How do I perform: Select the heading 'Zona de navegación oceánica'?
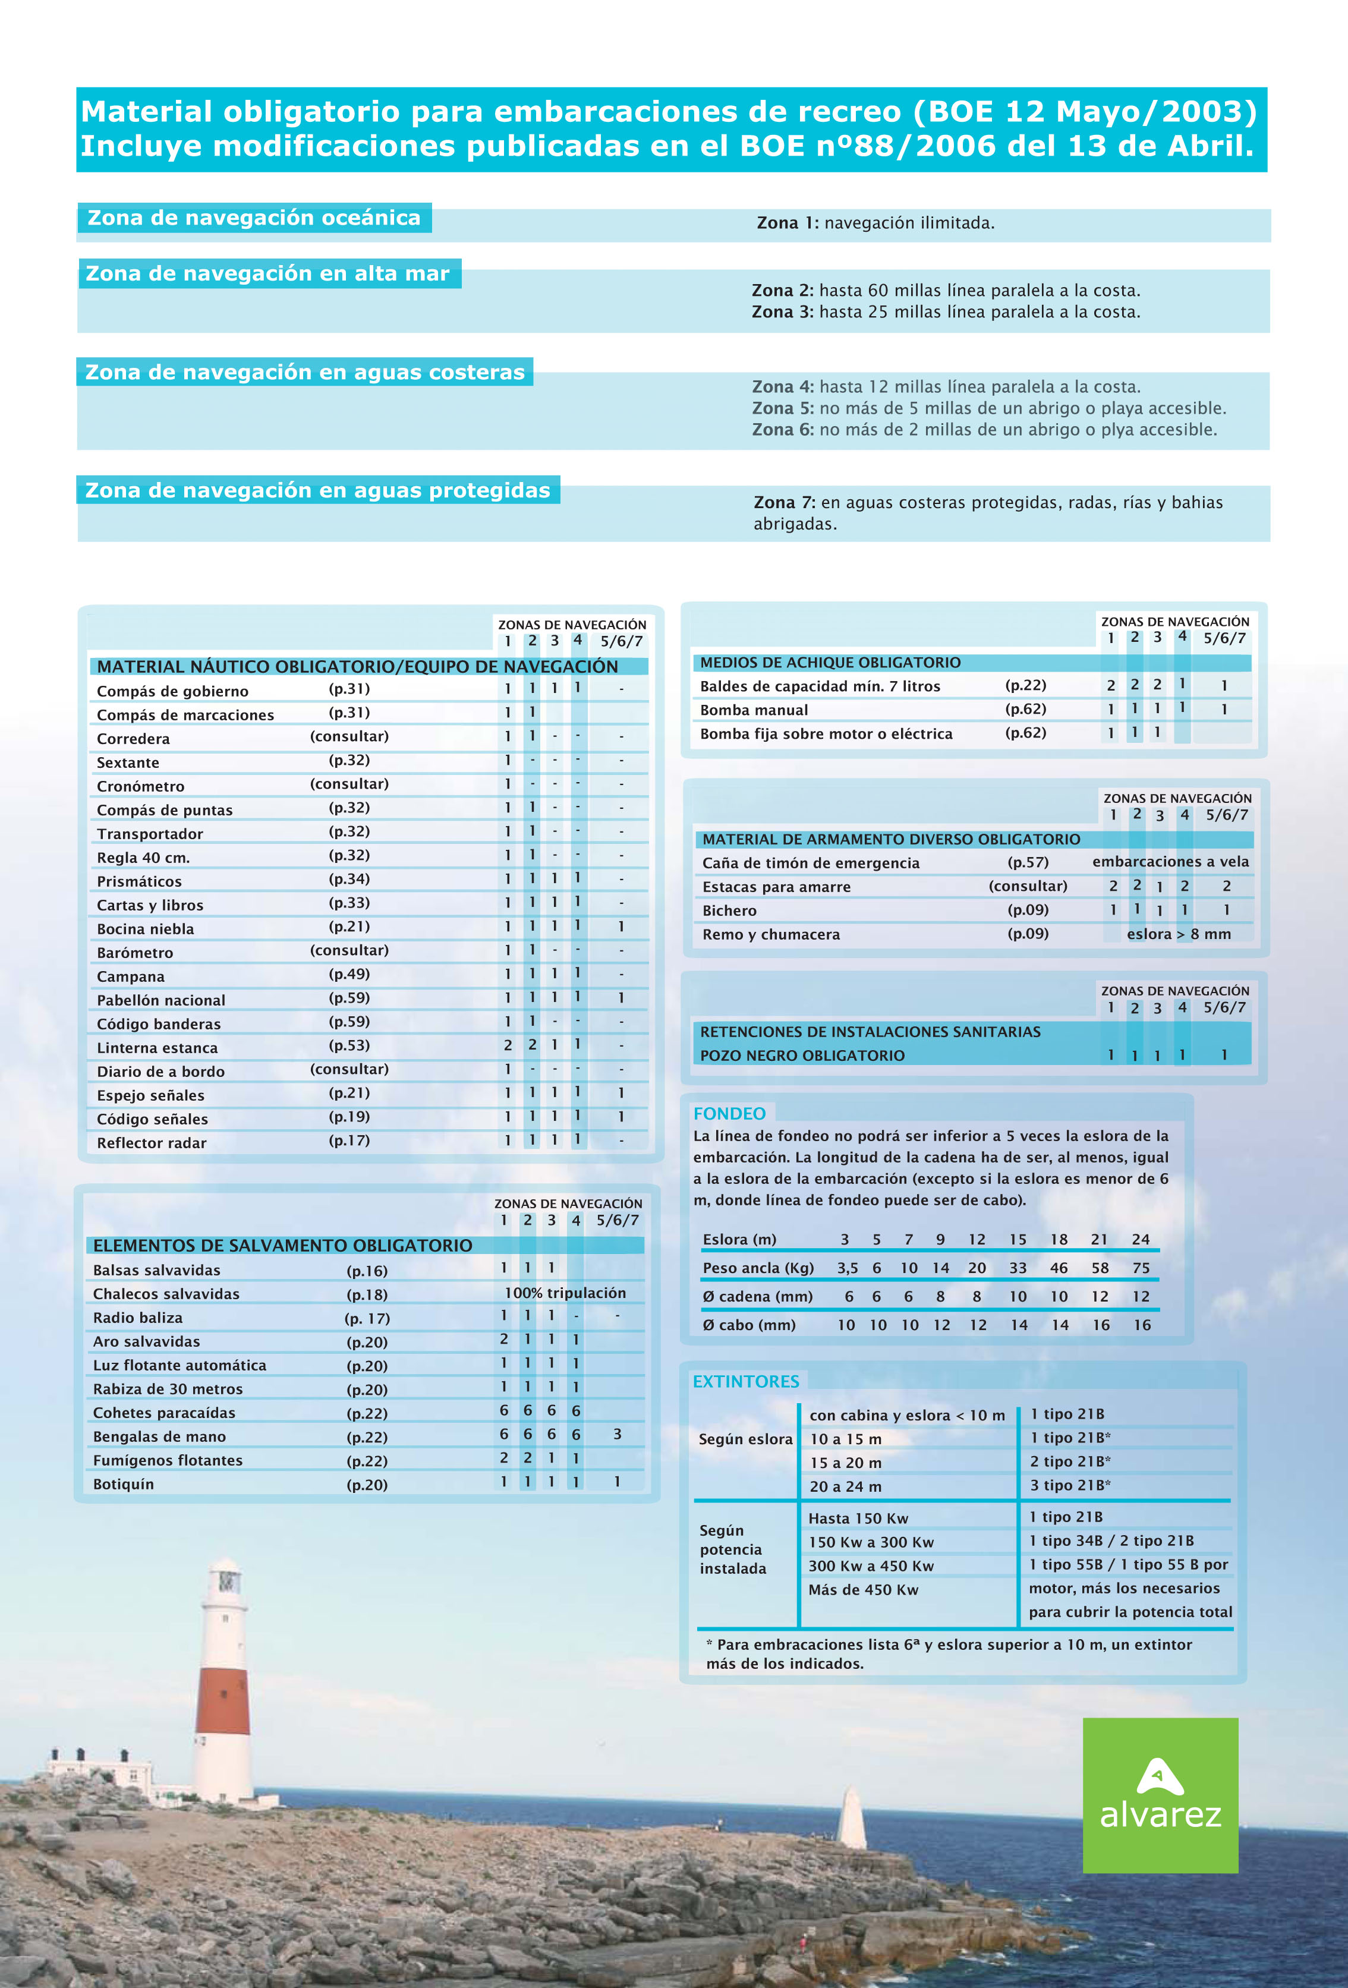coord(254,218)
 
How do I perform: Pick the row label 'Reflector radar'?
coord(152,1143)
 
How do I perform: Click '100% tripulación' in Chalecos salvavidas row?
coord(565,1293)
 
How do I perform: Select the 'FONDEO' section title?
coord(729,1113)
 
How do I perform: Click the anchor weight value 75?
coord(1141,1268)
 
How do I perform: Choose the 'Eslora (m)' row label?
coord(739,1240)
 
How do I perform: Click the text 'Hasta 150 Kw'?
coord(858,1518)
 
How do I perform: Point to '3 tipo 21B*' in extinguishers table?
coord(1069,1486)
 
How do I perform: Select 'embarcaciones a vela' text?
coord(1170,861)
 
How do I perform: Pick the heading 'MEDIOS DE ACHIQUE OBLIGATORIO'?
coord(830,662)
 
